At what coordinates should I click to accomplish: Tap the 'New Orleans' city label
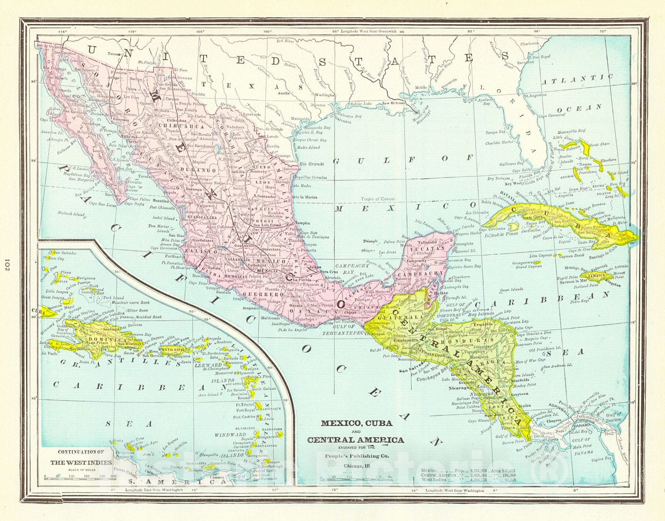393,103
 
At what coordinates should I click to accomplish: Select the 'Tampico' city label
302,223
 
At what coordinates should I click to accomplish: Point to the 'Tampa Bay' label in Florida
496,133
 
